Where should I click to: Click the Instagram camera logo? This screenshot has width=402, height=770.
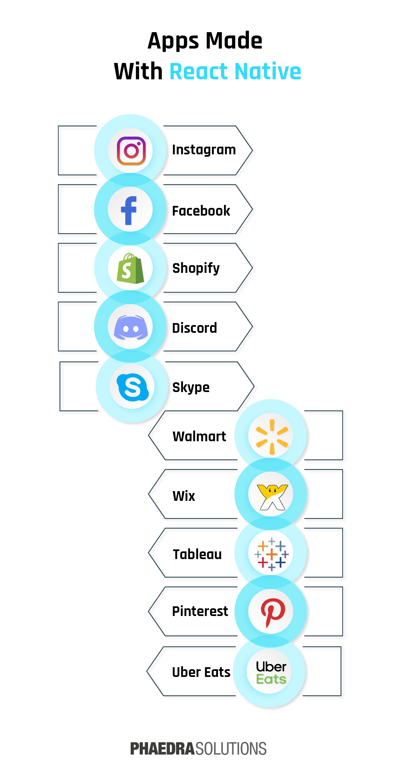(x=131, y=151)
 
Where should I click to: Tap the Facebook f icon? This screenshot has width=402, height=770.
(x=129, y=210)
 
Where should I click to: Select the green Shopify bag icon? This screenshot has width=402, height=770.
(x=130, y=268)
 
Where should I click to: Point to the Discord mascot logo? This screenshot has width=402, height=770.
(x=131, y=327)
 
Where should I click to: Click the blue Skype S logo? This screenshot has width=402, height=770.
(x=133, y=387)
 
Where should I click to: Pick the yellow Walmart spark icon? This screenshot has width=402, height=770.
(x=272, y=437)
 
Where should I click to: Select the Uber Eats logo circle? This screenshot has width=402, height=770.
(x=271, y=672)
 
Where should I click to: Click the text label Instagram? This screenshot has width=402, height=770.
(x=204, y=150)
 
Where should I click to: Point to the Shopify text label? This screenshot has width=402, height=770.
(x=196, y=268)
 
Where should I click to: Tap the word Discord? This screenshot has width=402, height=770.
(x=194, y=328)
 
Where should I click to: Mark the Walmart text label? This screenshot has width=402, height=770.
(x=199, y=437)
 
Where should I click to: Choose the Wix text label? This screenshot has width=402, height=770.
(x=184, y=496)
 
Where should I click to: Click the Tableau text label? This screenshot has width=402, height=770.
(x=197, y=554)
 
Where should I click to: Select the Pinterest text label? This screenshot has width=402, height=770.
(x=200, y=611)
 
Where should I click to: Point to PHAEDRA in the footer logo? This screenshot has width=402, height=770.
(x=162, y=749)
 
